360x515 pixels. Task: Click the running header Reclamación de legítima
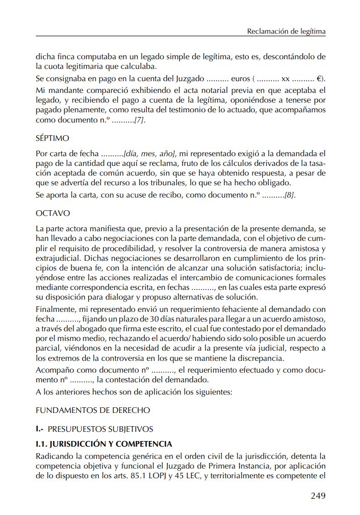click(286, 31)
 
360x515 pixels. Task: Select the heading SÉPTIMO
click(53, 138)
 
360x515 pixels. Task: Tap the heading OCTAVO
click(53, 212)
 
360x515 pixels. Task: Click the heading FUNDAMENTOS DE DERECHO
click(93, 410)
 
